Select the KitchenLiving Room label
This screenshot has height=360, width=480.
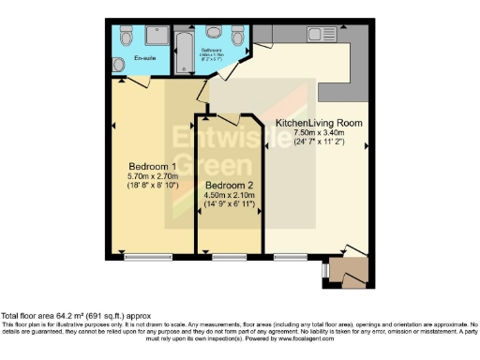tap(318, 123)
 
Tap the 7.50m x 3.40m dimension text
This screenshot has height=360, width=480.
tap(318, 134)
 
